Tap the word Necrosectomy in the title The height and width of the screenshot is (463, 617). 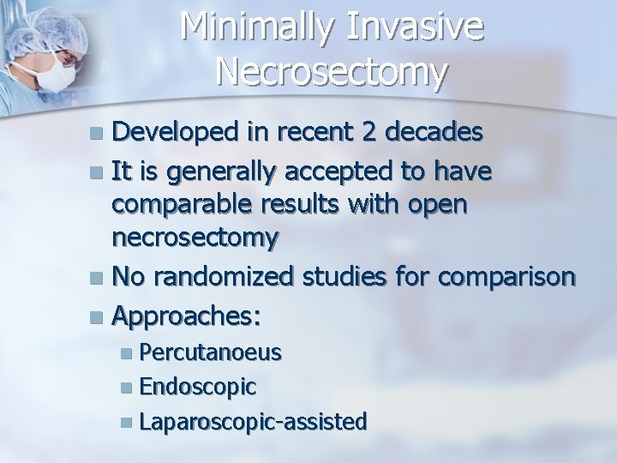coord(332,72)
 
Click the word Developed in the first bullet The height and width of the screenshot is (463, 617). coord(175,133)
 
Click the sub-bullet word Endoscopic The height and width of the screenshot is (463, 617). coord(198,386)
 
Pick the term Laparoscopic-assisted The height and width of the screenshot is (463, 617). coord(254,420)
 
